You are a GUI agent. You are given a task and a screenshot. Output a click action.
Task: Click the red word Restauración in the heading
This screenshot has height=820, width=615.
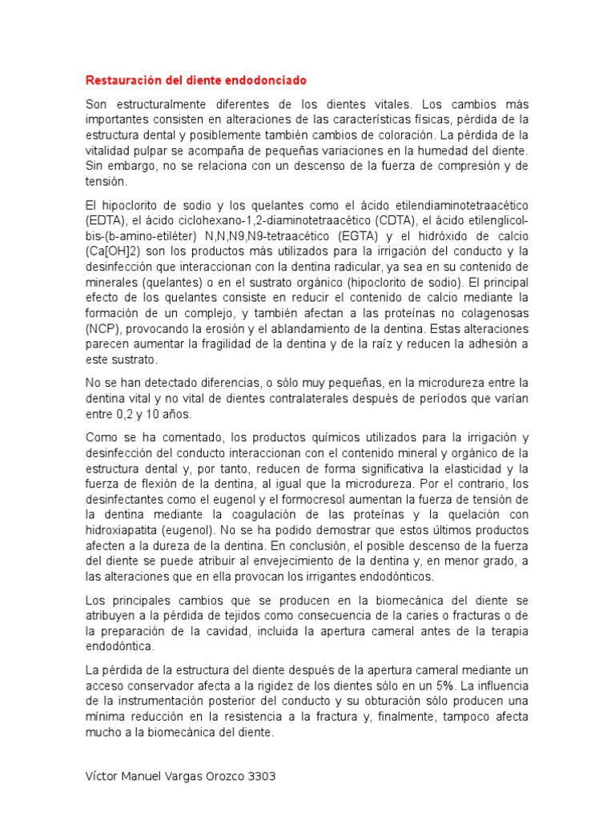(119, 82)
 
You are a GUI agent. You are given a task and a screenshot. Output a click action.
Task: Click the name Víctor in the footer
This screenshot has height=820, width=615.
(102, 777)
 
